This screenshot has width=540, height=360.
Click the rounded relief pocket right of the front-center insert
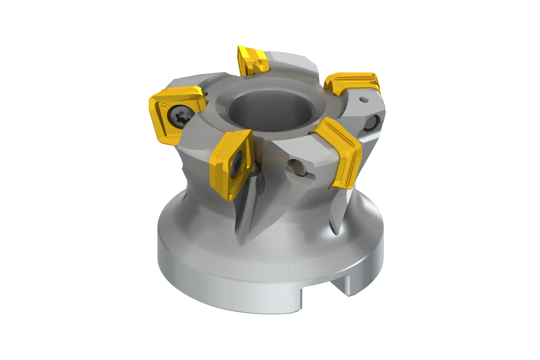pyautogui.click(x=257, y=167)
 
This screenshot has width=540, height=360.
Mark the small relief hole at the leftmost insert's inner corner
pyautogui.click(x=207, y=94)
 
